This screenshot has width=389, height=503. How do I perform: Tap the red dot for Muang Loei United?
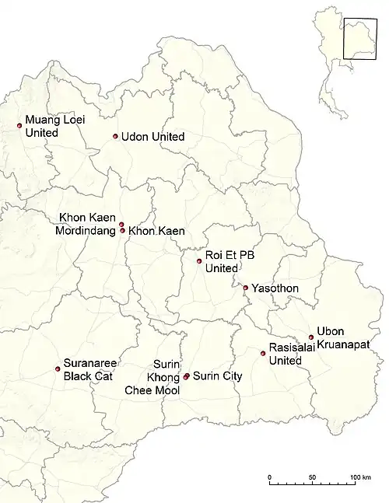click(19, 125)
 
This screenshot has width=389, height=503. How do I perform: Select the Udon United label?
click(152, 137)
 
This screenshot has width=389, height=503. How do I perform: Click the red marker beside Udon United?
click(115, 137)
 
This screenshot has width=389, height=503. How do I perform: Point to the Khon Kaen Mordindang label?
click(87, 224)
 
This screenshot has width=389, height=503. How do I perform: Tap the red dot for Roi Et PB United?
click(199, 261)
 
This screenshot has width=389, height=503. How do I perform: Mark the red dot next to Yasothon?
click(246, 288)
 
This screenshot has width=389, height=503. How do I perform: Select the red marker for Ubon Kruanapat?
click(311, 337)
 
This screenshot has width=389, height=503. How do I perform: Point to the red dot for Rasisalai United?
click(263, 354)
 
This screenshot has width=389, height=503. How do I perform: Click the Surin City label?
click(217, 376)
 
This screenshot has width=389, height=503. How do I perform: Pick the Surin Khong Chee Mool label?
click(152, 377)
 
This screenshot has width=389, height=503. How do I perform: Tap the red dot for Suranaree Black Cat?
click(58, 369)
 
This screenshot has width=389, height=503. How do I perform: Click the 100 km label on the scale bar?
click(360, 477)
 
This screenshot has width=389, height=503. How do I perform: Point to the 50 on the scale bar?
click(312, 477)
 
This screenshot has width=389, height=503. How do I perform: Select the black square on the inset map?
click(360, 34)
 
